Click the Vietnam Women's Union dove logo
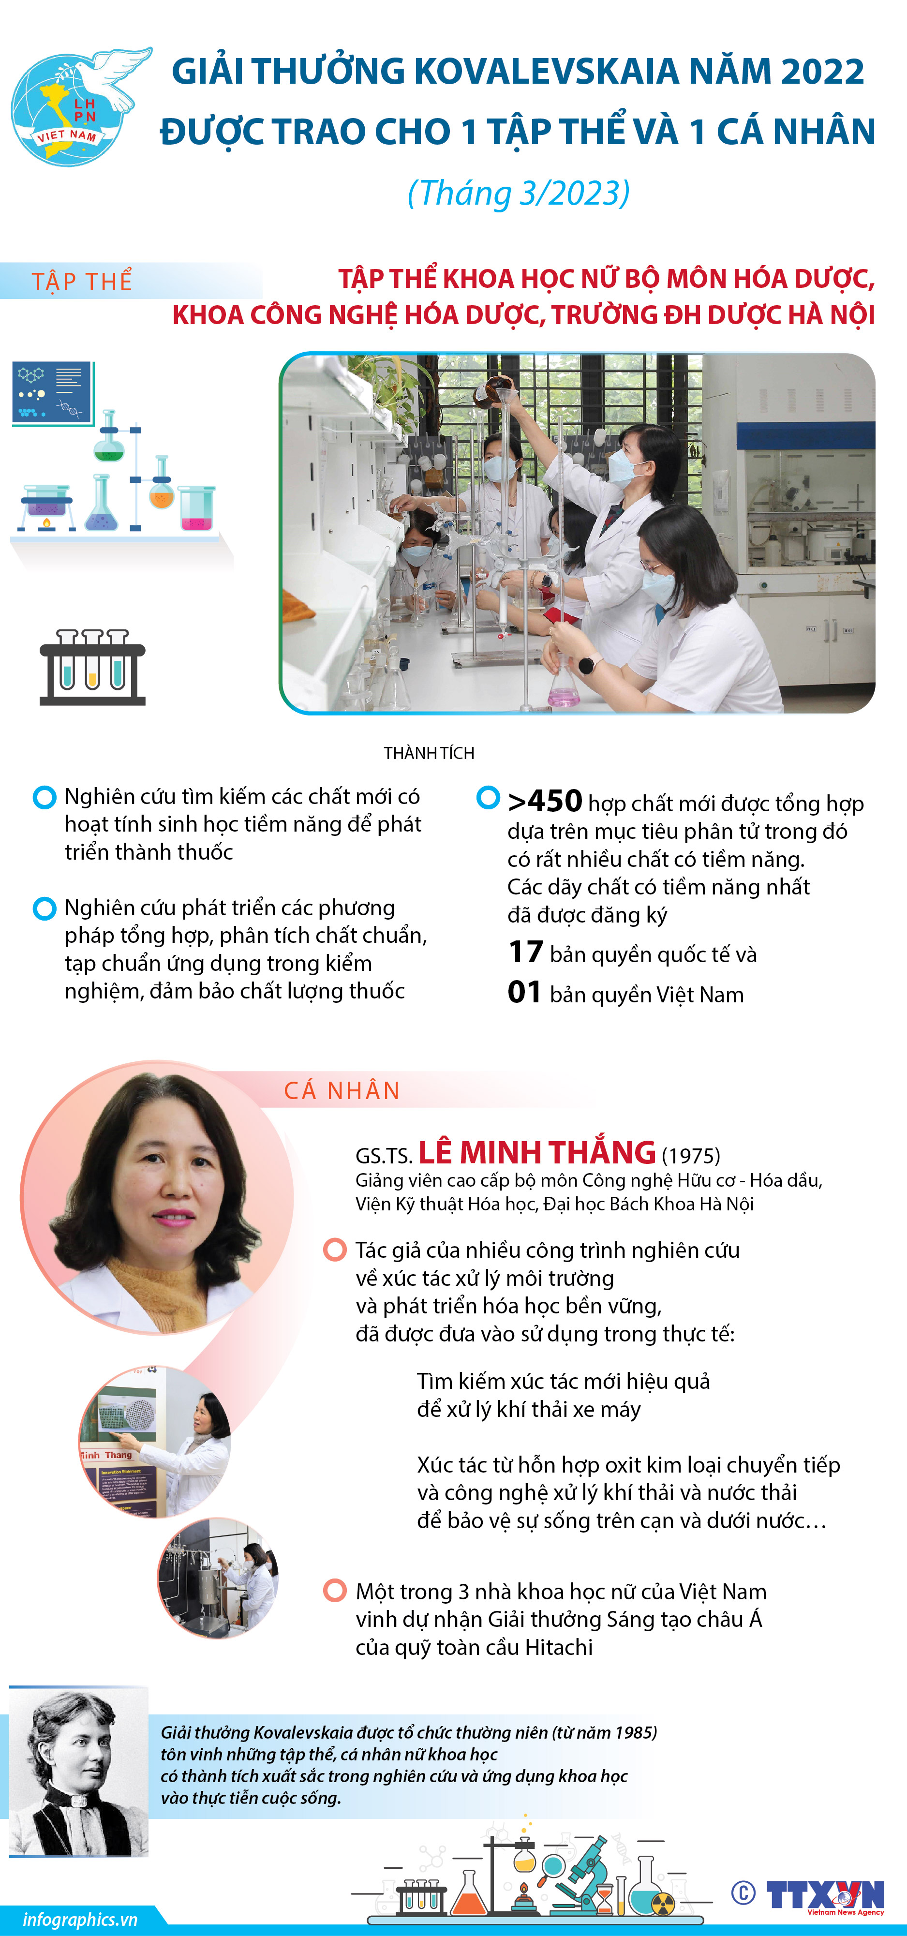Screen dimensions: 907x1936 coord(79,105)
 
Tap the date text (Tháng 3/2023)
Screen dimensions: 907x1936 coord(519,193)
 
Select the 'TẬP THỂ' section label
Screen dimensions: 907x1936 coord(82,281)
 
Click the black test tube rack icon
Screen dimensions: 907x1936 coord(92,668)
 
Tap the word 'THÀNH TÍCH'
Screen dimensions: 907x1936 coord(429,753)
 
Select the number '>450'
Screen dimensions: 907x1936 coord(545,801)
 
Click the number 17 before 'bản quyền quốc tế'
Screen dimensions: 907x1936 coord(525,952)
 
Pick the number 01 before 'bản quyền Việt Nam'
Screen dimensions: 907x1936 coord(524,992)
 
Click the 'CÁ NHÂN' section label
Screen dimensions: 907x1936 coord(342,1090)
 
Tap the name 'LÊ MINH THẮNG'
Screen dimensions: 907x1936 coord(536,1152)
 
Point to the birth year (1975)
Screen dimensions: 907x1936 coord(691,1155)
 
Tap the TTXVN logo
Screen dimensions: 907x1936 coord(825,1895)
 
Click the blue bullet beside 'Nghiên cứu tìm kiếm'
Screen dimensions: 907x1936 coord(45,797)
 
